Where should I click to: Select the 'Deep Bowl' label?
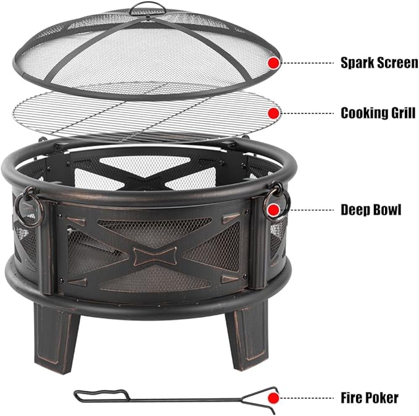point(371,210)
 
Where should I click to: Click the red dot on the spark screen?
point(274,62)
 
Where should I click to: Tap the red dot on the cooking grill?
point(274,113)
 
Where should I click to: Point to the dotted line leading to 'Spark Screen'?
point(307,62)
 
